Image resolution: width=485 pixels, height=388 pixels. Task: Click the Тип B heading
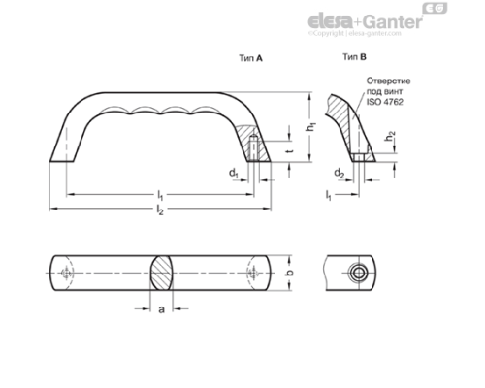355,57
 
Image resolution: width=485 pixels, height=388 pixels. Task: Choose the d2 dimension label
339,174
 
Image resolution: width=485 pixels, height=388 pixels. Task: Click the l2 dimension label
161,211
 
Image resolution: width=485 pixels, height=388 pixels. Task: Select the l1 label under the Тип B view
329,197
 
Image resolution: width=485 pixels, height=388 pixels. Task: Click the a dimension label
161,309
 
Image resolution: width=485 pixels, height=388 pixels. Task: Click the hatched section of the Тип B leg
345,116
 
